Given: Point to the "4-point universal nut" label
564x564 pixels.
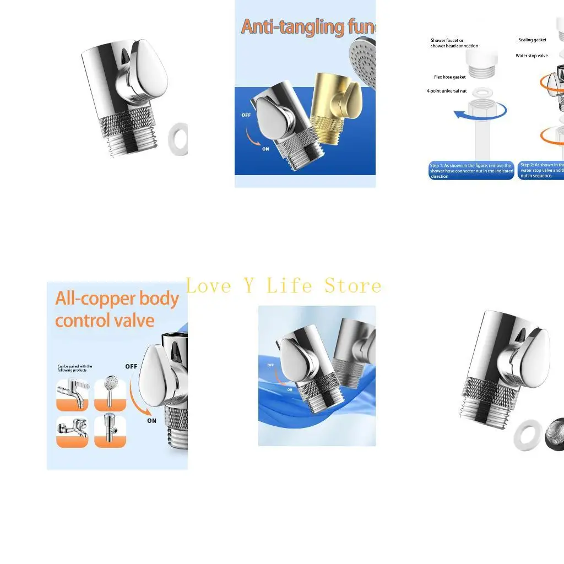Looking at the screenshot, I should pyautogui.click(x=446, y=91).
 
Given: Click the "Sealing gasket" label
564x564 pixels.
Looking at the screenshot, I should pyautogui.click(x=532, y=40).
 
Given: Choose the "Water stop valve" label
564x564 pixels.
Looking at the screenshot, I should pyautogui.click(x=532, y=56).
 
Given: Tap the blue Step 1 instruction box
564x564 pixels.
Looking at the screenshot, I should pyautogui.click(x=471, y=171).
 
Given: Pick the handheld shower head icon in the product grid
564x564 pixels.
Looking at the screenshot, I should pyautogui.click(x=110, y=394).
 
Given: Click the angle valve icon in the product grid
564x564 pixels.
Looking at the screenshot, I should pyautogui.click(x=110, y=431).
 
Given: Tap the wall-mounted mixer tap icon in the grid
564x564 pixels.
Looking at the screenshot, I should pyautogui.click(x=72, y=431).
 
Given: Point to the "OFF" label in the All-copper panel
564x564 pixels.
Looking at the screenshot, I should pyautogui.click(x=131, y=366).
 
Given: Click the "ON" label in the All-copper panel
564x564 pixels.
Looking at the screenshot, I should pyautogui.click(x=151, y=421).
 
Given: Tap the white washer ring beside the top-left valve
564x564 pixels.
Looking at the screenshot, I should pyautogui.click(x=179, y=140).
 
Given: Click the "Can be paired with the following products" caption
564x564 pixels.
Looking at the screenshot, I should pyautogui.click(x=75, y=368).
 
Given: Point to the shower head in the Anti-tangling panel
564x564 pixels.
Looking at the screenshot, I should pyautogui.click(x=364, y=61).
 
